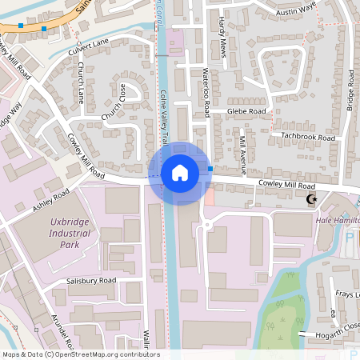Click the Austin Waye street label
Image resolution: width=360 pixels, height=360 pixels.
(x=296, y=14)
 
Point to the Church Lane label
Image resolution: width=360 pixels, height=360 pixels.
(x=80, y=83)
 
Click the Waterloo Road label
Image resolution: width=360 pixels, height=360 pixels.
(x=206, y=89)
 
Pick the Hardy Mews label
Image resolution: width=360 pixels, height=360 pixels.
(x=222, y=38)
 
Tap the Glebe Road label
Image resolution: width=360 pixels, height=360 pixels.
(x=246, y=111)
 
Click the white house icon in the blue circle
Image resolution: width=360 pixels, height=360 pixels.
(x=180, y=173)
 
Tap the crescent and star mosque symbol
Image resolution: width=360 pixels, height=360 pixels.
(x=312, y=200)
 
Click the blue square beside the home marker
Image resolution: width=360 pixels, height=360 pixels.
(x=210, y=169)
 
